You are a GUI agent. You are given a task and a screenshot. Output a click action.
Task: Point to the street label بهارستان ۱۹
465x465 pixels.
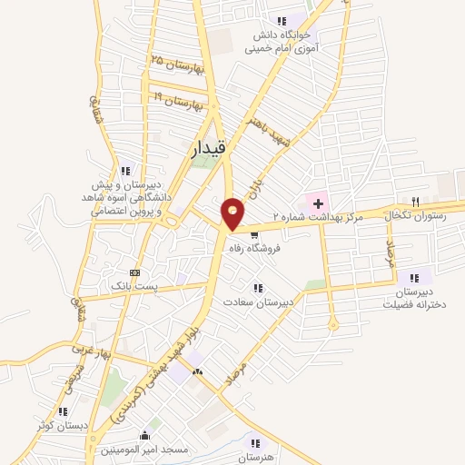tap(177, 101)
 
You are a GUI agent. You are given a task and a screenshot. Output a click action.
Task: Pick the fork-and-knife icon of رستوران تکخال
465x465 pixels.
tap(416, 201)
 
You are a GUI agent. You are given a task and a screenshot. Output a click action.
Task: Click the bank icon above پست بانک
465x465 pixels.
tap(134, 272)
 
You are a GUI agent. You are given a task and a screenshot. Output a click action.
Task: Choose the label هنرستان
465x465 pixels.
tap(256, 458)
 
